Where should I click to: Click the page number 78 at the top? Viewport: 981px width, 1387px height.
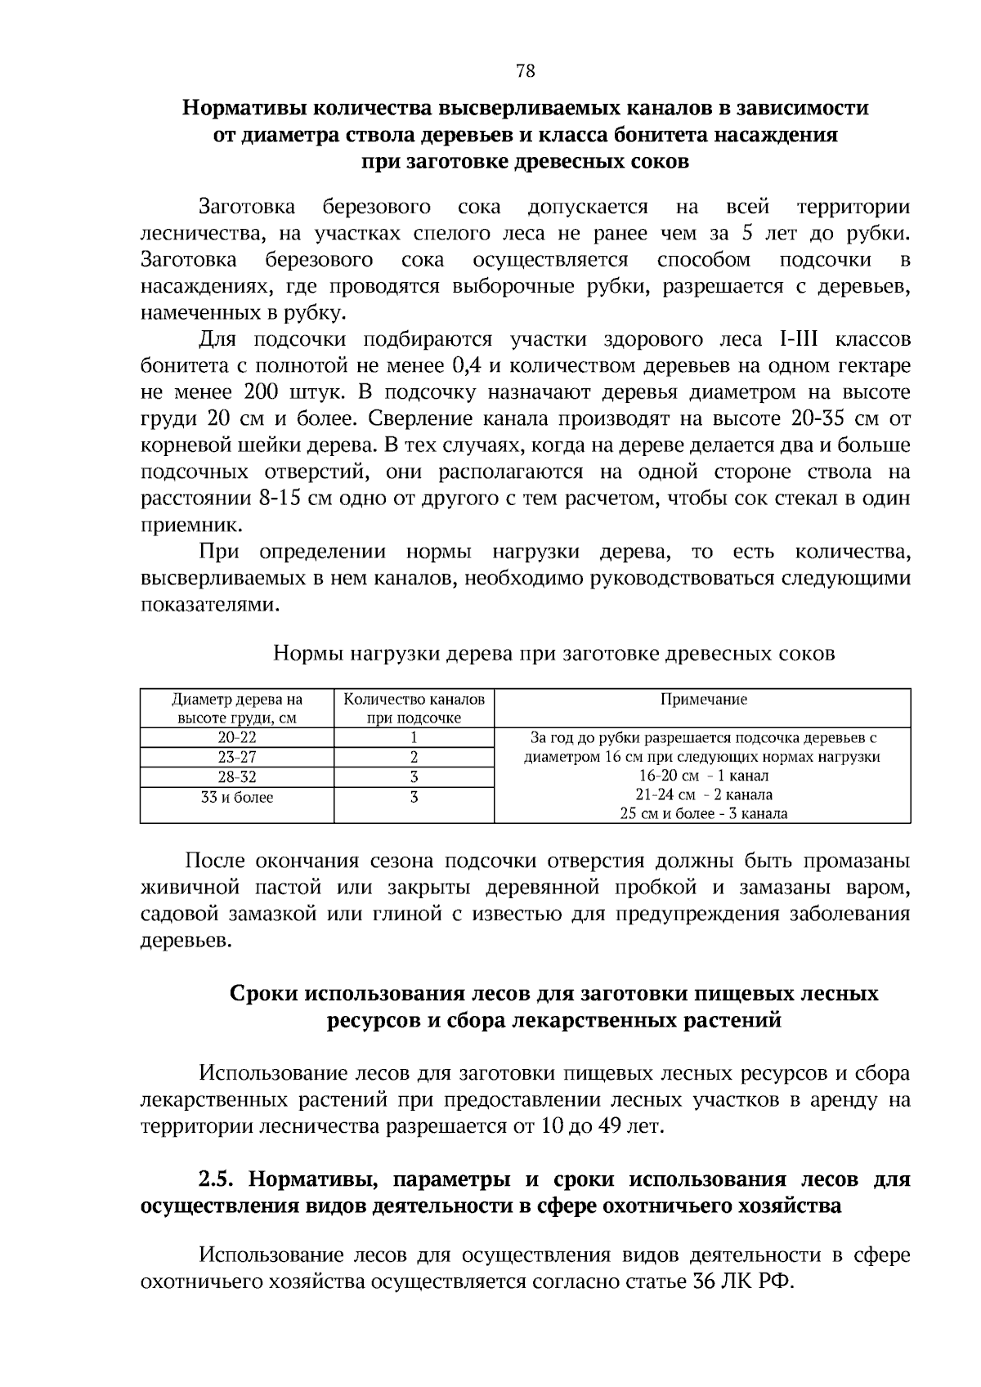point(526,71)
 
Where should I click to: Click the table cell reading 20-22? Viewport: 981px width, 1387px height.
point(237,736)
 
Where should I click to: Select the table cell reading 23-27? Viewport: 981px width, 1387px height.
point(237,757)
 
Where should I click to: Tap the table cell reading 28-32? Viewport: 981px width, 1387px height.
point(237,776)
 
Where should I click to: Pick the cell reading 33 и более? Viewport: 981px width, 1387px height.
point(237,797)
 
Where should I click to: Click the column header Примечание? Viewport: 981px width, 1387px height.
point(703,700)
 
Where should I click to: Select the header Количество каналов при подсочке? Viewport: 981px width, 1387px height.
point(414,709)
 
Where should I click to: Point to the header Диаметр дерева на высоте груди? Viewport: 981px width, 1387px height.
point(237,709)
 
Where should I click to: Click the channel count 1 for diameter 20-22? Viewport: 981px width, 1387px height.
point(414,736)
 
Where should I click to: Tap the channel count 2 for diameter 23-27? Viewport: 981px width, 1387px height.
point(414,757)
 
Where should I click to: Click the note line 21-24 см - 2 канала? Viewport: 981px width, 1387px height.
point(703,794)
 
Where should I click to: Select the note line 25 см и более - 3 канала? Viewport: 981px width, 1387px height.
point(703,813)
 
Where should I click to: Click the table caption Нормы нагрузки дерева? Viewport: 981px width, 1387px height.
point(553,654)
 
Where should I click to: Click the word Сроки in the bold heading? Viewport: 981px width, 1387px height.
point(263,994)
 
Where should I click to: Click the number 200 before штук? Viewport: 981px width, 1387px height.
point(262,392)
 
